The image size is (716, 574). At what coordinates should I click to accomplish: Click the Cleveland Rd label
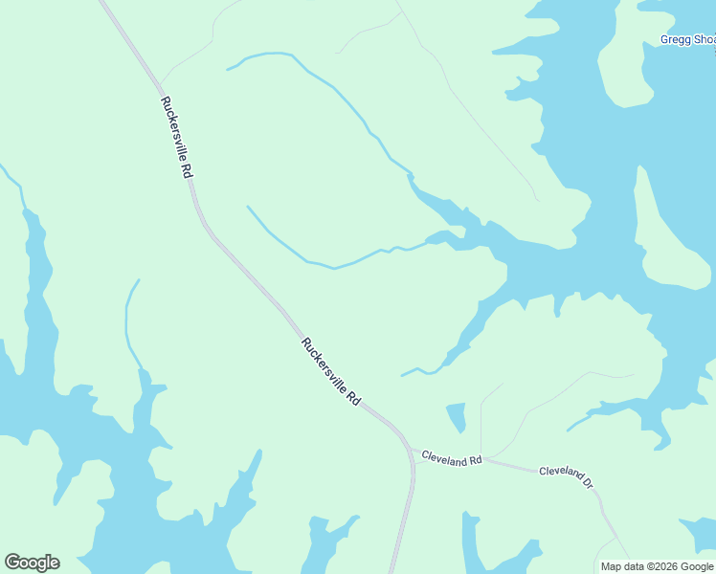click(x=451, y=459)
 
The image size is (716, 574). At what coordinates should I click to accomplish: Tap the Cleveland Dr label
click(x=567, y=475)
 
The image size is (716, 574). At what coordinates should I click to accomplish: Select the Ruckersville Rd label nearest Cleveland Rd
click(x=330, y=372)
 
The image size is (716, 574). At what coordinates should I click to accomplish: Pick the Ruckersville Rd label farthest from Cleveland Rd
click(x=177, y=137)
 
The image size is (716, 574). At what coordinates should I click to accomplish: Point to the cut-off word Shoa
click(x=705, y=40)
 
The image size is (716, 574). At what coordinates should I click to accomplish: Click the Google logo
click(x=32, y=563)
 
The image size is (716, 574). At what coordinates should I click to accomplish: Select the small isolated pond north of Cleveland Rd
click(x=457, y=416)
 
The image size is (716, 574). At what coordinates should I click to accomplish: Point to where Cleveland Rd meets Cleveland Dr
click(x=482, y=459)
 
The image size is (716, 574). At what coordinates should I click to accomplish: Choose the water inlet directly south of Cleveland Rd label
click(x=470, y=541)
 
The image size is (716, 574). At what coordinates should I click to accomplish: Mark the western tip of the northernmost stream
click(x=228, y=69)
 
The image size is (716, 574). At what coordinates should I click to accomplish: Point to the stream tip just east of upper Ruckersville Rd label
click(x=249, y=207)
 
